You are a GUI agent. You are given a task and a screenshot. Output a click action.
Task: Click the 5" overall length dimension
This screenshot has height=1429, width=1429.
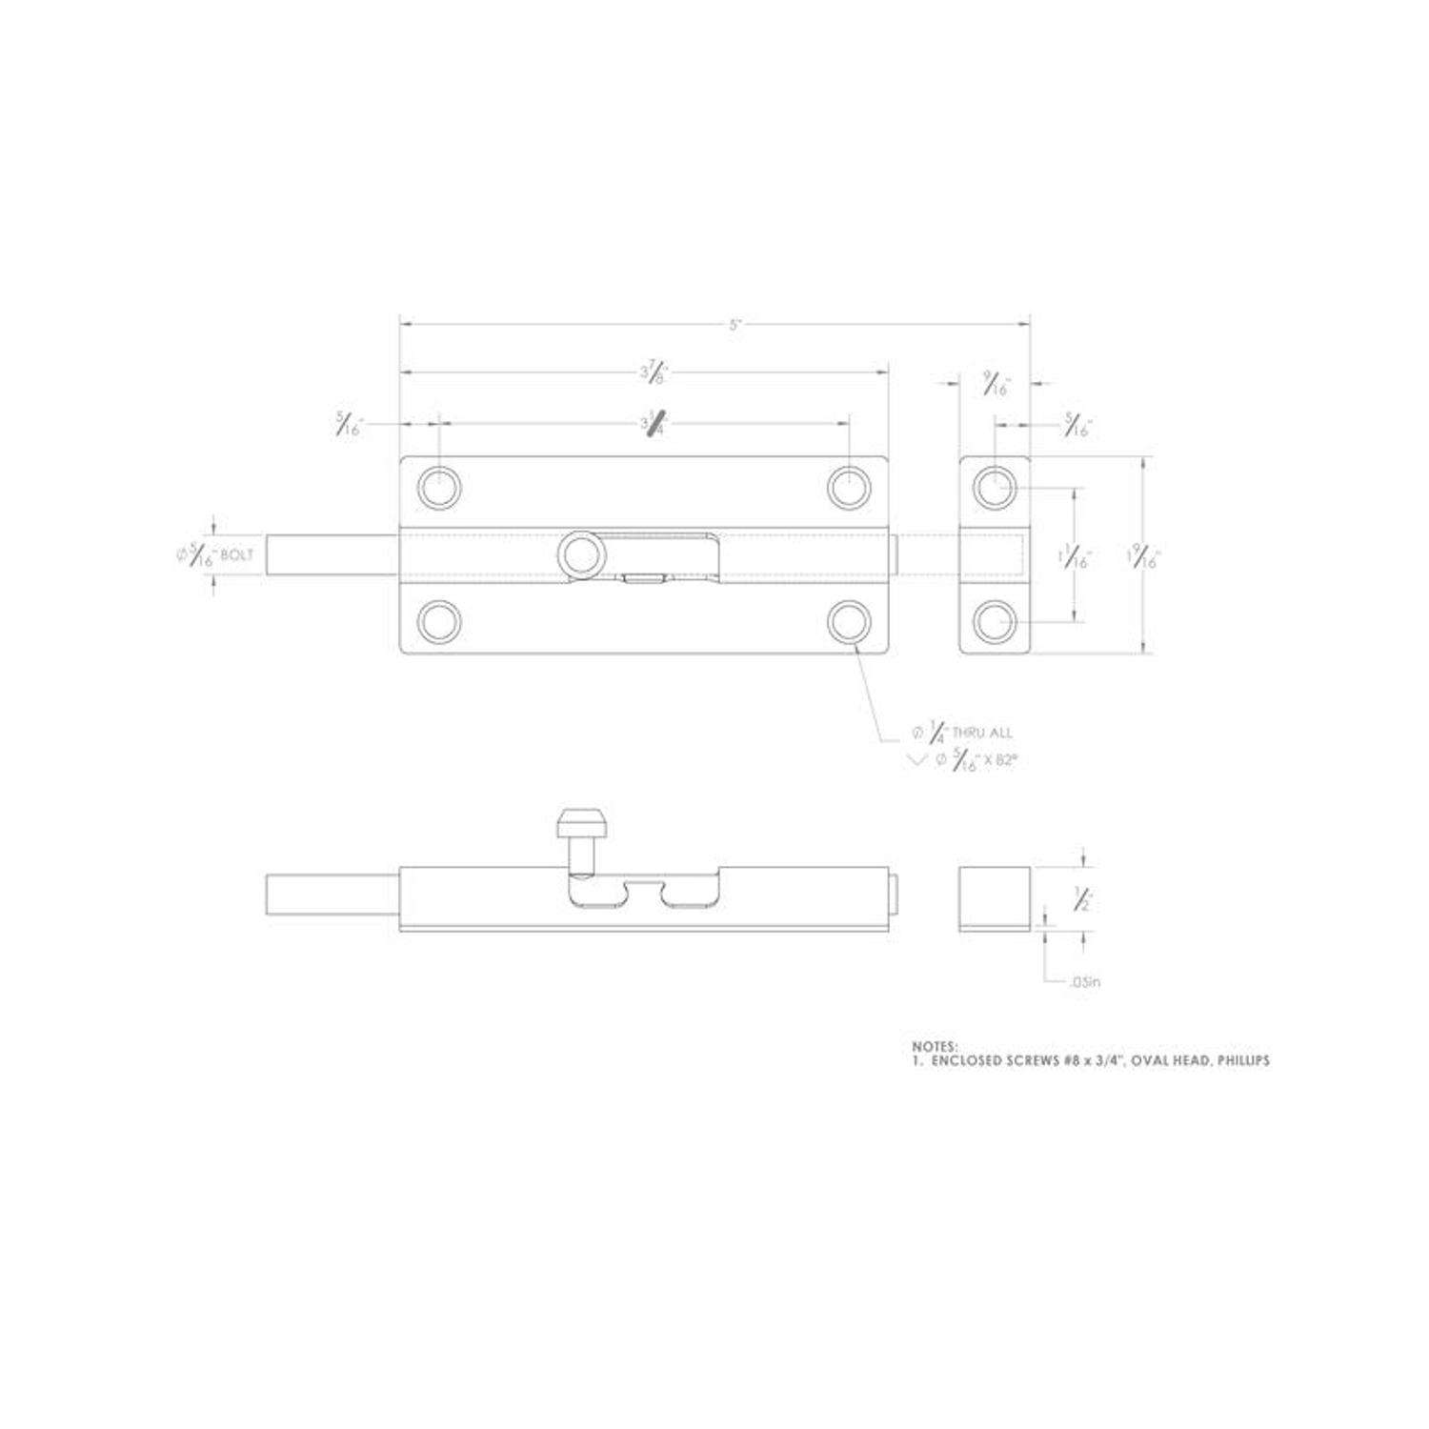click(735, 325)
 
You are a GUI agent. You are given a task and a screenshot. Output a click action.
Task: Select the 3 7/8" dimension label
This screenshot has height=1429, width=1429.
click(654, 372)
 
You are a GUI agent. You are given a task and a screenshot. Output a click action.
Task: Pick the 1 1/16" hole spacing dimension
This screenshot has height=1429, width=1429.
click(1077, 556)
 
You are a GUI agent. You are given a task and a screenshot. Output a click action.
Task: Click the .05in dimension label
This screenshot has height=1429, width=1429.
click(1085, 981)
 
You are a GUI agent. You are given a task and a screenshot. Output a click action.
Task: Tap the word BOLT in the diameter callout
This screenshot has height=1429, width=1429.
click(237, 555)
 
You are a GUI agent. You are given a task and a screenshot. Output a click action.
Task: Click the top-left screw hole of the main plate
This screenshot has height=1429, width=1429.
click(439, 488)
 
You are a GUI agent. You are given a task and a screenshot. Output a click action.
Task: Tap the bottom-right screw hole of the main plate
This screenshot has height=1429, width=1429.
click(849, 622)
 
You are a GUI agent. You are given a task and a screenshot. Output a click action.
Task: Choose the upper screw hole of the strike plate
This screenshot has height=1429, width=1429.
click(994, 488)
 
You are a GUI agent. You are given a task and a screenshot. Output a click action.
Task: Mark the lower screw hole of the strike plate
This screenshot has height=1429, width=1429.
click(994, 622)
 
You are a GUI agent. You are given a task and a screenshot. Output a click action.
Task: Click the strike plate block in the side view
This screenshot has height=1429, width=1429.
click(994, 897)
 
